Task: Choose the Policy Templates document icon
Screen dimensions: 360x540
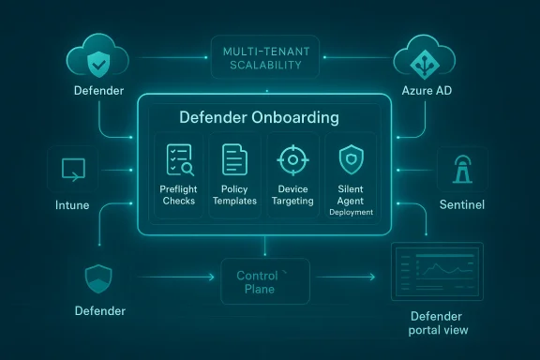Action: tap(234, 160)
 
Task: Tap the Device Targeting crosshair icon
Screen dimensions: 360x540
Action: tap(292, 160)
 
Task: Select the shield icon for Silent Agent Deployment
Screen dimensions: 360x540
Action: tap(349, 157)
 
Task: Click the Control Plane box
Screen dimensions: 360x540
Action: tap(265, 282)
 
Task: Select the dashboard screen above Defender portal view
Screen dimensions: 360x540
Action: tap(436, 273)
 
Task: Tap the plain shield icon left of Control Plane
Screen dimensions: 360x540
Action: tap(99, 277)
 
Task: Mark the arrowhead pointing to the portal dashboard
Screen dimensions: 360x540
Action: tap(373, 277)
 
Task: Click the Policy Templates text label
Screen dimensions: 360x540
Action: tap(234, 194)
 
